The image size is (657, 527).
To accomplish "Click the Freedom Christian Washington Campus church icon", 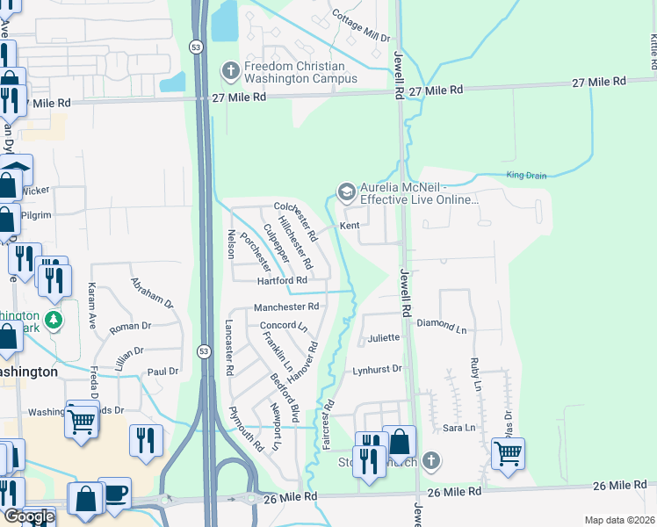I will [231, 70].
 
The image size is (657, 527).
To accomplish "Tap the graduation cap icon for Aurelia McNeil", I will [347, 191].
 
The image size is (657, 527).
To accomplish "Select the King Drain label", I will [526, 176].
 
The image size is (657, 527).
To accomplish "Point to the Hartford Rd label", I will [281, 280].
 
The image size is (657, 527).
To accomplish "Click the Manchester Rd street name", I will [285, 307].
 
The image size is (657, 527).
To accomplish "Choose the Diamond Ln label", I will [442, 323].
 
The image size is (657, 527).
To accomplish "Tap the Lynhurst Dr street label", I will [377, 369].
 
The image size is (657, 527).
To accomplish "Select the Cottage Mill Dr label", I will [361, 26].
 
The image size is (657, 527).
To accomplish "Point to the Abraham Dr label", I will [152, 292].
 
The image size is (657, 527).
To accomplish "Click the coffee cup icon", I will [114, 492].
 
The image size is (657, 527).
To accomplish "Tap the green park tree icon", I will [54, 319].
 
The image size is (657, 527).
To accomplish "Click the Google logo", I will [28, 516].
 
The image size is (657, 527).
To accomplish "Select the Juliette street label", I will [384, 337].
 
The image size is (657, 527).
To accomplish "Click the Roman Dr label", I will [130, 326].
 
